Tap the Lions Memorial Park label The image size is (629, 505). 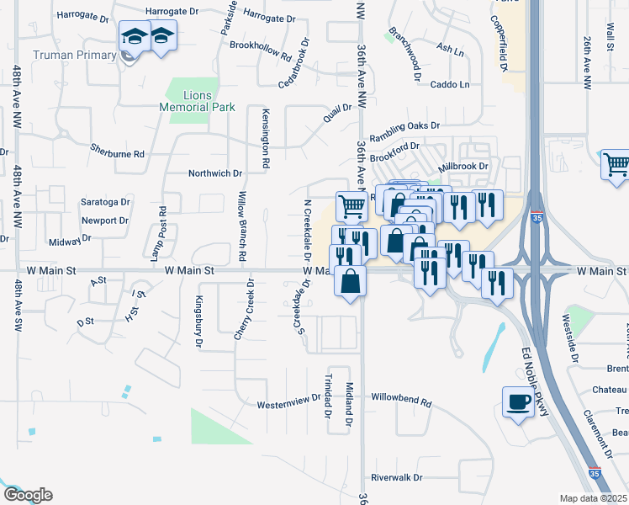click(198, 101)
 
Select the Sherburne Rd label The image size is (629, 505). click(118, 153)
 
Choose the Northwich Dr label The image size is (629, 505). click(214, 173)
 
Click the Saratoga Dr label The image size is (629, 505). click(105, 202)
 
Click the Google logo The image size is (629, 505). click(27, 495)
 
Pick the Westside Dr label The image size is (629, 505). click(573, 340)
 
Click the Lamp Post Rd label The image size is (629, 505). click(156, 234)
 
